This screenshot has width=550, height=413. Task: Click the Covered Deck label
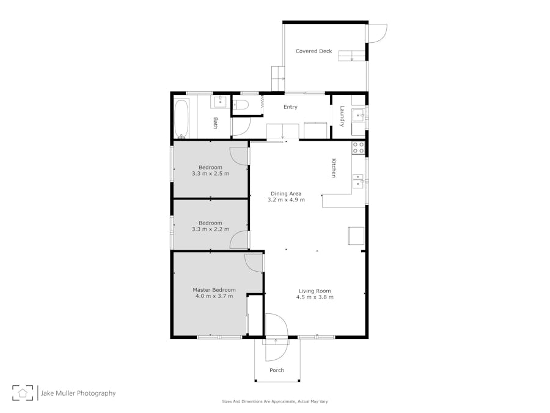313,51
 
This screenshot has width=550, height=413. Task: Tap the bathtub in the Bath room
182,118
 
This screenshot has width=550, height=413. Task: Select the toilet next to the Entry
241,104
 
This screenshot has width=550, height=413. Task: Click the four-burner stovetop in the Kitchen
358,147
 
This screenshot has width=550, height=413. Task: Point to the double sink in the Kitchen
358,181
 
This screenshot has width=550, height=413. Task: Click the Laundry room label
342,116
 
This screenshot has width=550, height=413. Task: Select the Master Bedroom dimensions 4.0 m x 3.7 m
214,296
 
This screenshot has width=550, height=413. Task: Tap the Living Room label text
315,291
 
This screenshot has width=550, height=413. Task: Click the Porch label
277,370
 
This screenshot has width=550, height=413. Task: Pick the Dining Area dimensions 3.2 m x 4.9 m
286,200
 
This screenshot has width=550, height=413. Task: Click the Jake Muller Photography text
78,393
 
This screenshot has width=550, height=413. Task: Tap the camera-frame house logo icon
23,393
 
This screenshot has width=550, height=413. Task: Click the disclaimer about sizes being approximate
274,401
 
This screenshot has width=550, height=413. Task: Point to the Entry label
290,106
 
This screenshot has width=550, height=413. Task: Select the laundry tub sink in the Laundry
358,115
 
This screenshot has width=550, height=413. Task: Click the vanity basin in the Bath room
220,102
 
